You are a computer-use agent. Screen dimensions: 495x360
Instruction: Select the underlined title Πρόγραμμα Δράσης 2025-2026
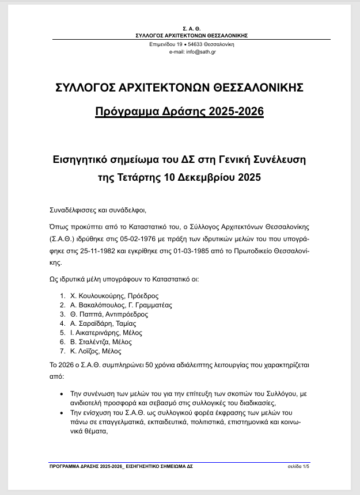coord(180,111)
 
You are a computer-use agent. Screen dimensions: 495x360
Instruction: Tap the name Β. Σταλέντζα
coord(90,342)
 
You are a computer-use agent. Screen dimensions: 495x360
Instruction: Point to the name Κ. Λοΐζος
coord(85,351)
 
